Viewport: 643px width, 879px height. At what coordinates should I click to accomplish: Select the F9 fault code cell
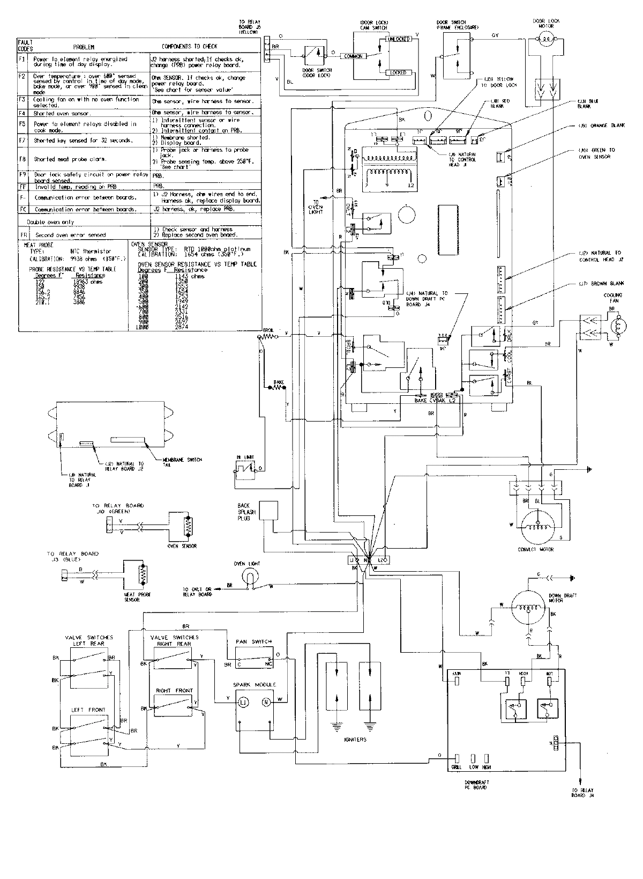(22, 175)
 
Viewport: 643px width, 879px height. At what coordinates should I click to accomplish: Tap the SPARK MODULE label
(254, 685)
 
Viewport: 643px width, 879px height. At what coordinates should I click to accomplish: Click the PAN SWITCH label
(253, 641)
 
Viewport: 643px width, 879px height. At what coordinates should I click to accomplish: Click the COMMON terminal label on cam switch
(354, 56)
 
